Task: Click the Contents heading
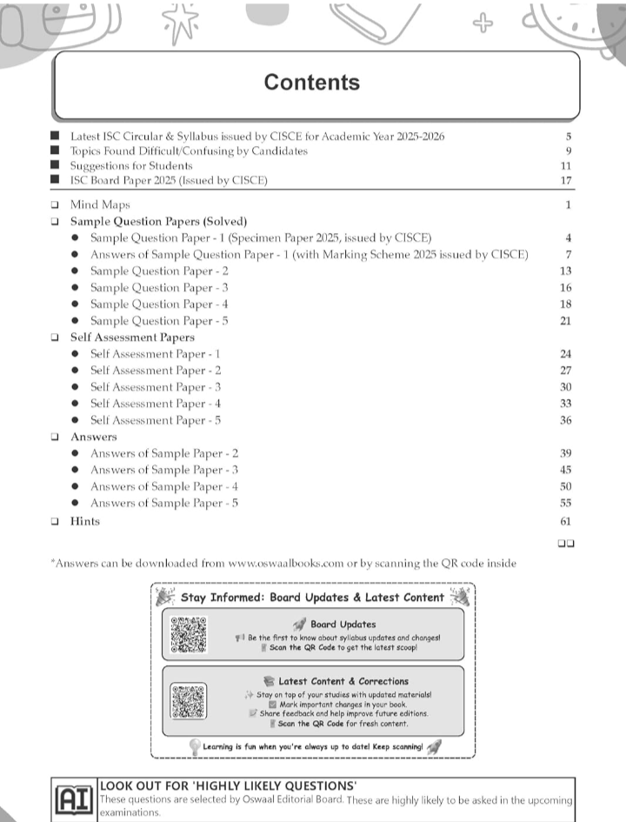click(x=312, y=83)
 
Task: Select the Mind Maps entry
click(x=100, y=205)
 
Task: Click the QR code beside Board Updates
click(x=189, y=634)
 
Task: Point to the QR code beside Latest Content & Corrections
click(x=189, y=701)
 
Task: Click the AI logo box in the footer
click(x=74, y=798)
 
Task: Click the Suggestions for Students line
click(x=131, y=165)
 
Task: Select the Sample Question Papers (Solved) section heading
click(x=159, y=222)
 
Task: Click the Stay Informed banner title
click(x=312, y=598)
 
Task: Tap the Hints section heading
click(x=85, y=521)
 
